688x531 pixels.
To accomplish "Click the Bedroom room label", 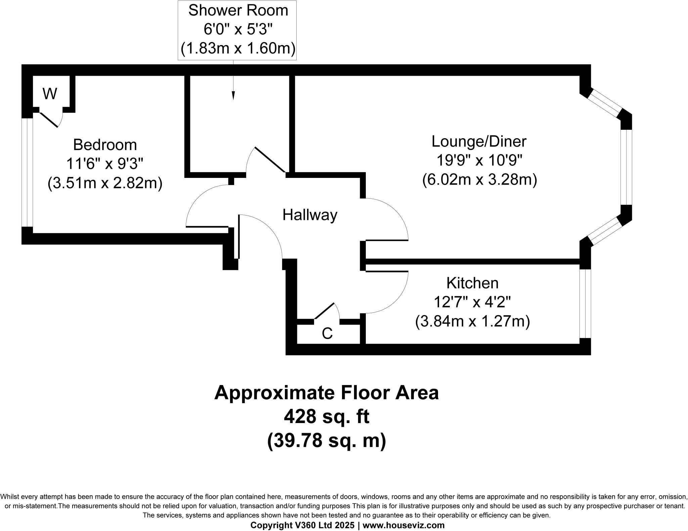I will click(105, 145).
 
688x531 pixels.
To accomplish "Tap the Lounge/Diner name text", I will click(479, 141).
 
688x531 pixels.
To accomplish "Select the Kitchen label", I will click(472, 283).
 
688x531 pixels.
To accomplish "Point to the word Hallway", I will click(309, 215).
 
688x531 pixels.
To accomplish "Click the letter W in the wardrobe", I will click(50, 94).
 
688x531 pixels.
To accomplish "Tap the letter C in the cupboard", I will click(327, 334).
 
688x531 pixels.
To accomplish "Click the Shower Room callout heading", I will click(238, 10).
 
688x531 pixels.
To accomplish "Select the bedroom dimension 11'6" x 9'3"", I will click(105, 164).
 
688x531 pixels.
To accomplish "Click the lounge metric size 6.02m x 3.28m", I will click(479, 180).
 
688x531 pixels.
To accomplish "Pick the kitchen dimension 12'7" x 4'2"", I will click(472, 302).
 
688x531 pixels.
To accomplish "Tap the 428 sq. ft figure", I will click(327, 417).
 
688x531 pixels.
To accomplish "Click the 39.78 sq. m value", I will click(327, 441).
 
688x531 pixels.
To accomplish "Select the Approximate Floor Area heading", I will click(327, 392).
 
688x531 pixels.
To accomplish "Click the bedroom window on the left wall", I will click(27, 172).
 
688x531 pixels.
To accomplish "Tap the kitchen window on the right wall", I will click(585, 303).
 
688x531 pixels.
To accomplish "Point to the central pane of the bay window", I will click(626, 167).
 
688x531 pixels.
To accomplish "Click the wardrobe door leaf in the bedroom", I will click(49, 120).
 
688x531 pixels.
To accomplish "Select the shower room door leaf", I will click(270, 159).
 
